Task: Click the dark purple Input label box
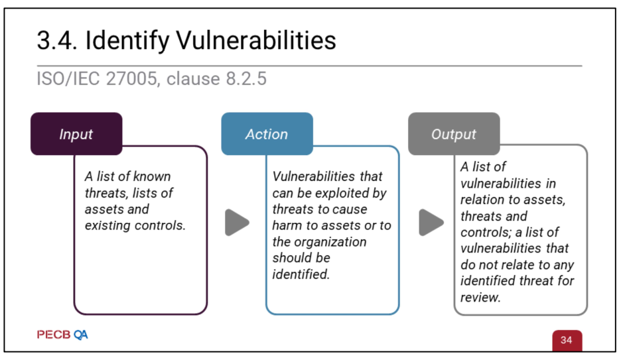click(76, 134)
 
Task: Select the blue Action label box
click(267, 134)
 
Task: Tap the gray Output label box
click(454, 134)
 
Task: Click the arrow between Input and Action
click(237, 222)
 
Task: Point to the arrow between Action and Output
click(431, 222)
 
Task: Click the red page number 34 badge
click(567, 341)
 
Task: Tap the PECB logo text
click(54, 335)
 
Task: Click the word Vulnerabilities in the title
click(256, 40)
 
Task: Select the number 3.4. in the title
click(57, 40)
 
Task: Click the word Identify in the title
click(127, 41)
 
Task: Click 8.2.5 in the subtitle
click(246, 78)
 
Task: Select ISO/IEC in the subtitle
click(68, 78)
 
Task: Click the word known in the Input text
click(152, 176)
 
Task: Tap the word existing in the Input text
click(107, 226)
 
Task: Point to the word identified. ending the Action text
click(301, 274)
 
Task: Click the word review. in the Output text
click(480, 297)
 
